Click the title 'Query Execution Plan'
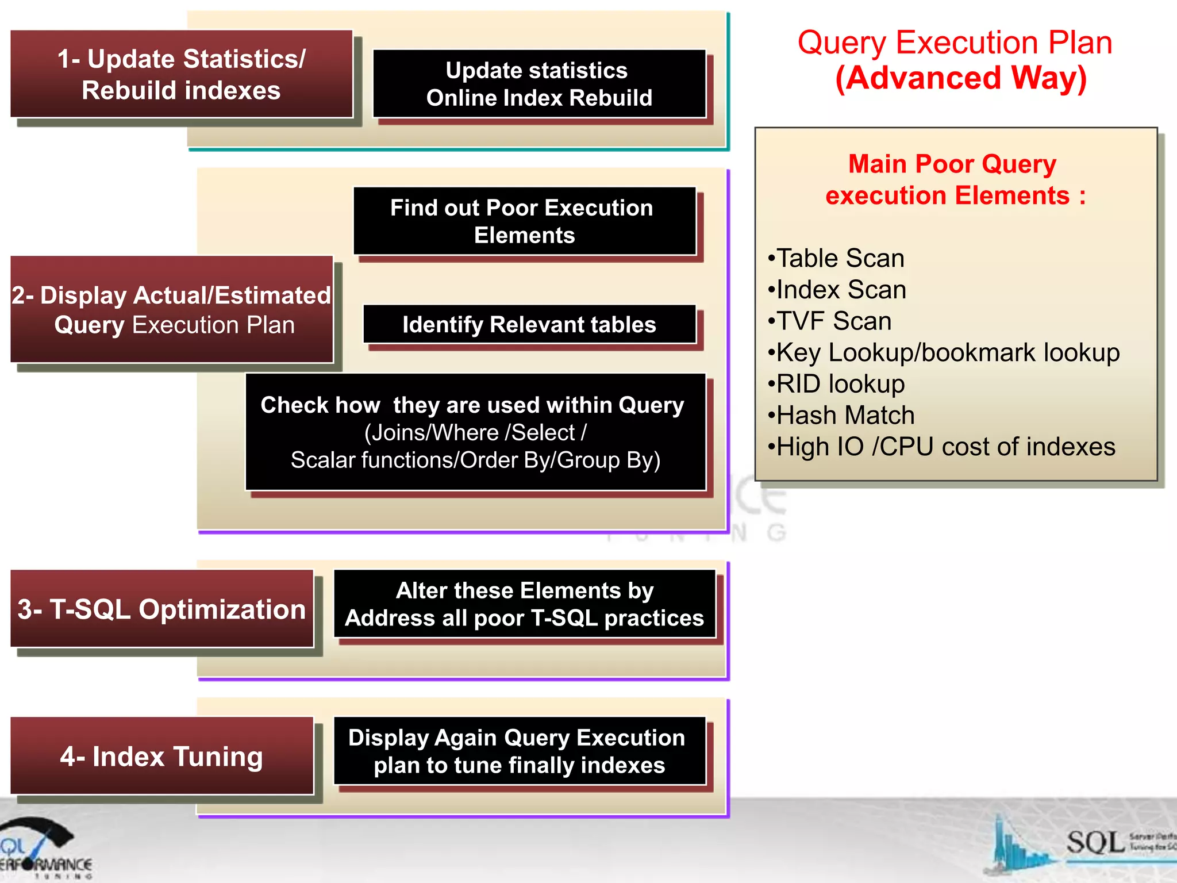(954, 43)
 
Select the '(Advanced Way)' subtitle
(960, 78)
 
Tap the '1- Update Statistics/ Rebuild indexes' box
(182, 74)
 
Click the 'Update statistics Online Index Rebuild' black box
(539, 84)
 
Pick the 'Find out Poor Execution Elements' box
(524, 221)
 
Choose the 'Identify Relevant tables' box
(529, 325)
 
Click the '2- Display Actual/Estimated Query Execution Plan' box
(172, 310)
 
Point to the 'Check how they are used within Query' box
(475, 432)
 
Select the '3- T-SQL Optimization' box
(162, 609)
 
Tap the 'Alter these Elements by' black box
(524, 604)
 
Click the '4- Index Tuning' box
(162, 757)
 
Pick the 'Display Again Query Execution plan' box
(519, 751)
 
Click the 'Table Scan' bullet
(840, 259)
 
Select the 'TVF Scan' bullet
(833, 321)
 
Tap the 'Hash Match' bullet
(845, 416)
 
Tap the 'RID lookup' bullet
(840, 384)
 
